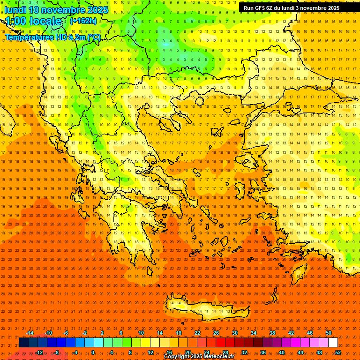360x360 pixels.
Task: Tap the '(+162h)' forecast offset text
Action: pos(83,21)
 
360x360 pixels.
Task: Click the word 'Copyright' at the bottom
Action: pos(176,357)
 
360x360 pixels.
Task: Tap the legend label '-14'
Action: pos(30,333)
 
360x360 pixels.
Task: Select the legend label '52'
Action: pos(338,352)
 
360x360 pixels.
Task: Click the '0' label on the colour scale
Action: pos(93,352)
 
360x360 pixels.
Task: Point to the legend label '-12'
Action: pos(39,352)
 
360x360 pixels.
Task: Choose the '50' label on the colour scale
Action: pos(329,333)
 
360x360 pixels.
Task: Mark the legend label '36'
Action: pos(263,352)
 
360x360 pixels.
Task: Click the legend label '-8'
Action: pos(57,352)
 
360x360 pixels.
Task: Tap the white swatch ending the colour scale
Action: pos(333,343)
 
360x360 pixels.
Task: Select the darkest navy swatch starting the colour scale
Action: pos(23,343)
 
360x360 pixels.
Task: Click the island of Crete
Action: pos(206,307)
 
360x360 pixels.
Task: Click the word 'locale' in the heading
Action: pos(46,21)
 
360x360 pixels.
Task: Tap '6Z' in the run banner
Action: pos(270,8)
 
